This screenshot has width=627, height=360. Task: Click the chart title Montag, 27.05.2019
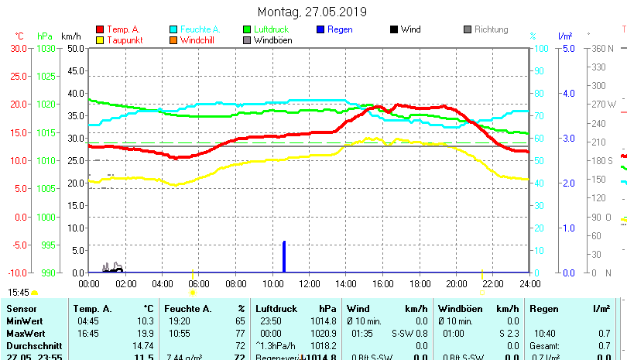click(313, 12)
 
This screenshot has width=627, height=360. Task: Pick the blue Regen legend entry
click(341, 29)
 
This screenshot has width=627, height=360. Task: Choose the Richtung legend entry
click(490, 29)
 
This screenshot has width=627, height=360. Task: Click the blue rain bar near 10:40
click(284, 257)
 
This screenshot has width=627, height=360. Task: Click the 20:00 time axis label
click(456, 283)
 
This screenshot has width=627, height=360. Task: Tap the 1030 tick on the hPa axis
click(45, 48)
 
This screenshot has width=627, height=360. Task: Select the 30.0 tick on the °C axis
click(18, 48)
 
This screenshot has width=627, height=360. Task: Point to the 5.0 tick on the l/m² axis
click(566, 48)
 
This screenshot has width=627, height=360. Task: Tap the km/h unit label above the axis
click(71, 36)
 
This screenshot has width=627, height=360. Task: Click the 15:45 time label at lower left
click(19, 293)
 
